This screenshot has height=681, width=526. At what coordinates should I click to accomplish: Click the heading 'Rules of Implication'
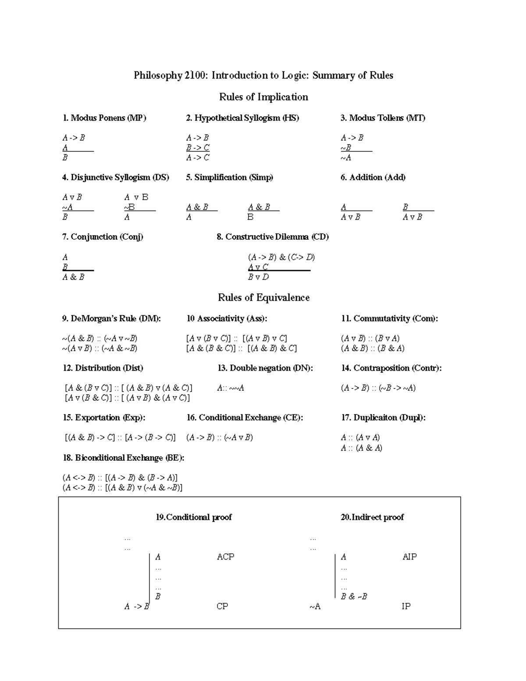pos(263,97)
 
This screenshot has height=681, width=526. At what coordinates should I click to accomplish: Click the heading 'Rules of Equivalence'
pos(263,298)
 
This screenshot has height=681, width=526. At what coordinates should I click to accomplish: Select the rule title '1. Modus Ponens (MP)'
pos(104,118)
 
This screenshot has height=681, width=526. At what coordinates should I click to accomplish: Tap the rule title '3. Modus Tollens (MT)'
pos(383,118)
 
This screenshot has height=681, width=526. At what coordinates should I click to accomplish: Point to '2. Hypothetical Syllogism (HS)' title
pos(242,118)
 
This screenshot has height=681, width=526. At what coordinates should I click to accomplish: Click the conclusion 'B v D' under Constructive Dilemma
pos(258,277)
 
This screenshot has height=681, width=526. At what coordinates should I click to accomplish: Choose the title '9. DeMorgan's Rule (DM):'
pos(111,319)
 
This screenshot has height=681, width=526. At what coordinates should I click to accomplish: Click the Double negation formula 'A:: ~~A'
pos(230,388)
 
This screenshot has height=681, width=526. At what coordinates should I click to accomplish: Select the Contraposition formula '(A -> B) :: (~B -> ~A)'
pos(378,388)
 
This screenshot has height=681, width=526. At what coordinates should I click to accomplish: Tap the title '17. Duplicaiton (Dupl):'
pos(383,418)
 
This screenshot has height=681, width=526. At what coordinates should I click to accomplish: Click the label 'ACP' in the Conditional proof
pos(225,557)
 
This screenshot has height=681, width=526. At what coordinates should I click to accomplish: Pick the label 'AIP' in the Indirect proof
pos(409,557)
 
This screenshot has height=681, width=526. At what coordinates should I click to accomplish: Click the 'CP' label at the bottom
pos(222,606)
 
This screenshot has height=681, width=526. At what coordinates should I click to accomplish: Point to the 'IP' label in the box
pos(406,606)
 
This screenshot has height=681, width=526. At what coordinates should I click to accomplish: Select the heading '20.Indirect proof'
pos(372,517)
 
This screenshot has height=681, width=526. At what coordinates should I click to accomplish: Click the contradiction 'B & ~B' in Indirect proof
pos(354,596)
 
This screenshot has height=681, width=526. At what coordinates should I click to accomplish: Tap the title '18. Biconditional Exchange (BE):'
pos(123,458)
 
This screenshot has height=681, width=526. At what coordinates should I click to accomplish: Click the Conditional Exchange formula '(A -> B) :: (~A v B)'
pos(219,438)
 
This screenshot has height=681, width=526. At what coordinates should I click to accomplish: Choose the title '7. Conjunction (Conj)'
pos(103,237)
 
